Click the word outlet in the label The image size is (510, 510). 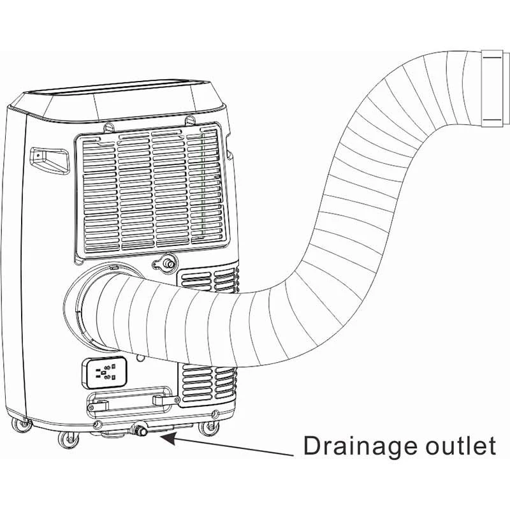458,446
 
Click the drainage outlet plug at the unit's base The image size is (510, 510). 138,432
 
